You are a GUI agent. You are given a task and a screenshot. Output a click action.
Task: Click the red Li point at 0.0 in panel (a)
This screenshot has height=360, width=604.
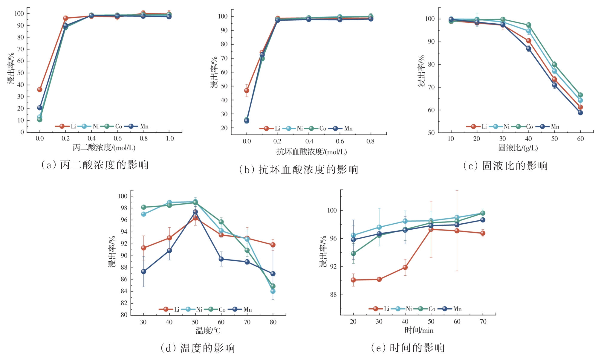(x=40, y=89)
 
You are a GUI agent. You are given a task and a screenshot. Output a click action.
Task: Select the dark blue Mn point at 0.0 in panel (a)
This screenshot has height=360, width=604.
(x=40, y=108)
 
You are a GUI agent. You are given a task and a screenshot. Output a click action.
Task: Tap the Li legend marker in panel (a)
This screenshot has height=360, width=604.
(x=62, y=126)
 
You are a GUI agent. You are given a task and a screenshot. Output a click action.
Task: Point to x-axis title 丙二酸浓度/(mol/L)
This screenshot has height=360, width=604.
(x=104, y=148)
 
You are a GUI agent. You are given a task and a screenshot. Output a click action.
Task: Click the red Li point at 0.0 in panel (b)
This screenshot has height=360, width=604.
(x=247, y=90)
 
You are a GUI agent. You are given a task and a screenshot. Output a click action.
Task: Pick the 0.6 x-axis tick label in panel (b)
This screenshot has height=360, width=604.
(x=340, y=141)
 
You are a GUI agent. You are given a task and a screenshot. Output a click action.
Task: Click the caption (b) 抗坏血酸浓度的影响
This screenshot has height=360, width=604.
(x=299, y=170)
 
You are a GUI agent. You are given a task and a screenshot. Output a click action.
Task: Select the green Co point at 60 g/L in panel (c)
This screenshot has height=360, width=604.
(x=580, y=95)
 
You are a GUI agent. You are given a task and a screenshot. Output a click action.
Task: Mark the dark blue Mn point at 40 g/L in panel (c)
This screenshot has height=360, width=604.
(x=529, y=48)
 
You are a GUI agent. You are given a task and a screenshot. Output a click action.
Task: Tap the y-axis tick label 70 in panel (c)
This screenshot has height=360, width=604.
(x=431, y=87)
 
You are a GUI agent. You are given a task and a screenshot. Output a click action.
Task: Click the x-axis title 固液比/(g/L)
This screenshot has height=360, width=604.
(x=518, y=148)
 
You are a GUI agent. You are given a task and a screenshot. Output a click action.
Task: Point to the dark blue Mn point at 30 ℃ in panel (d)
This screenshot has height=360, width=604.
(x=143, y=271)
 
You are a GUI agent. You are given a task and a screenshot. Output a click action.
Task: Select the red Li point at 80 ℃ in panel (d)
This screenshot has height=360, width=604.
(x=273, y=245)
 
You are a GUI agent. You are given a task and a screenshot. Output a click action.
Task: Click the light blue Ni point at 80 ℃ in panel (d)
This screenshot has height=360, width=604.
(x=273, y=291)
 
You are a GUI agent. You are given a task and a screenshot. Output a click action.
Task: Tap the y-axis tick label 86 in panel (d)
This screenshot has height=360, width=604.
(x=124, y=280)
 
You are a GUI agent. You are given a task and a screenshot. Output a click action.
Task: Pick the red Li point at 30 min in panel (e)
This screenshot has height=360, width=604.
(x=379, y=279)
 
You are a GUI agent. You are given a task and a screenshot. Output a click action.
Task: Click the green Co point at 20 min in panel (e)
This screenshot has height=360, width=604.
(x=353, y=254)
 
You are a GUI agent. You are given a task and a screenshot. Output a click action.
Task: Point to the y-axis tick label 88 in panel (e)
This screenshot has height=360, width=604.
(x=333, y=295)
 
